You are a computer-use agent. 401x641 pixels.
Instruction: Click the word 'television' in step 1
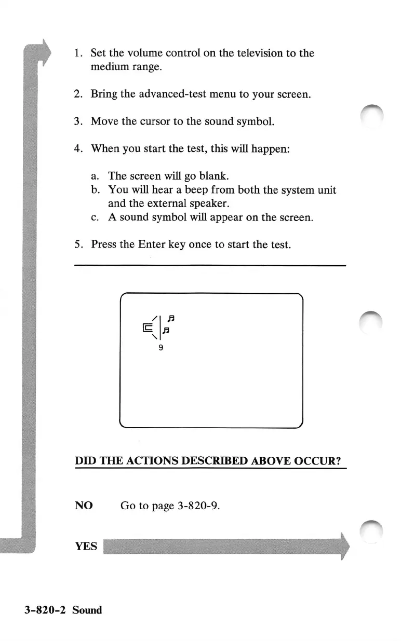coord(248,53)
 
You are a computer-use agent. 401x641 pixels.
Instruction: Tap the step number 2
coord(77,94)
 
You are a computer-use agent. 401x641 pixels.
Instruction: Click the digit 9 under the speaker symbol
coord(161,348)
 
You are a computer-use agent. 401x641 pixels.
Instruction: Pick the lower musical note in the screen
coord(166,330)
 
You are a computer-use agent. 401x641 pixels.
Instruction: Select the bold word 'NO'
coord(84,505)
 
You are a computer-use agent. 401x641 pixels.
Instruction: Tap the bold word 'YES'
coord(86,546)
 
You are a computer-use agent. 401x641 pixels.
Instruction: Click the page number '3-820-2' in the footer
coord(45,610)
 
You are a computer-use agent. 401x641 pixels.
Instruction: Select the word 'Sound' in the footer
coord(87,610)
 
